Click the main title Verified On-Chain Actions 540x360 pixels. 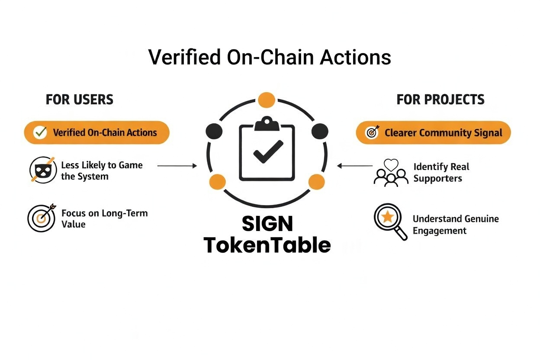coord(270,57)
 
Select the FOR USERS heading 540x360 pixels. coord(79,100)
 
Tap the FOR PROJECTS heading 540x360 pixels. coord(440,100)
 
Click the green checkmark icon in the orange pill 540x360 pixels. coord(40,132)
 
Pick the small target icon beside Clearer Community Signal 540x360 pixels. coord(372,132)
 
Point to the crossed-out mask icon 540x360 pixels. coord(42,169)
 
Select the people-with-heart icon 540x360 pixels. coord(391,172)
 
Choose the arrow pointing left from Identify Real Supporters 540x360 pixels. coord(355,165)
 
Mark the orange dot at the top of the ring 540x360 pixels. coord(267,100)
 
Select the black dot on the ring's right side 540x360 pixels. coord(320,131)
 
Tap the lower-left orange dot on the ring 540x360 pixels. coord(217,182)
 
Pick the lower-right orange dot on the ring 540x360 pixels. coord(316,182)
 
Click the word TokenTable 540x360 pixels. coord(267,245)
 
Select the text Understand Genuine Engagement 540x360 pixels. coord(455,225)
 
